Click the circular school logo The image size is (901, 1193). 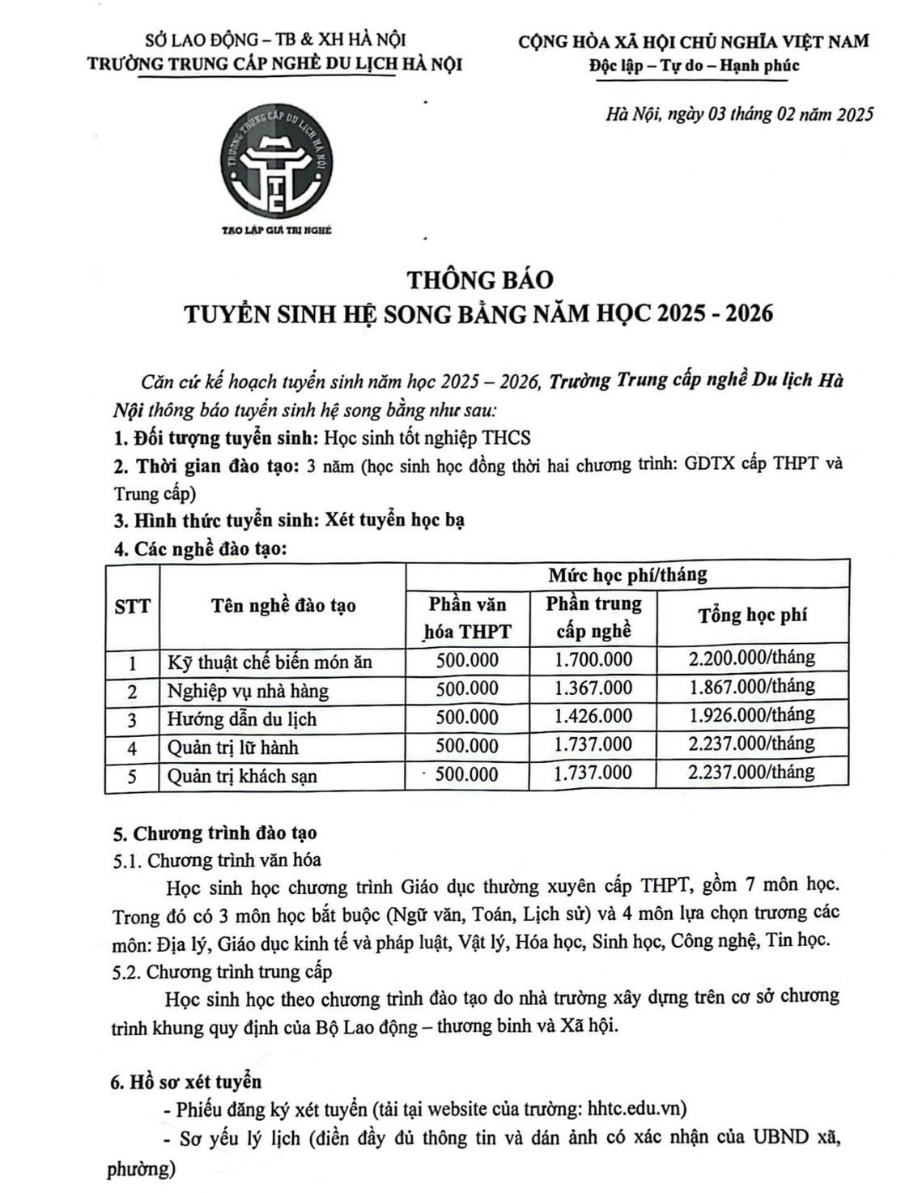tap(278, 163)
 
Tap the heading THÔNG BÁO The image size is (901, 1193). tap(479, 279)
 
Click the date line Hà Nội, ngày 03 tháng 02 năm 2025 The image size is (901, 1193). tap(739, 114)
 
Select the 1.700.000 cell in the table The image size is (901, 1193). tap(593, 661)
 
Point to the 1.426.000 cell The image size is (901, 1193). tap(593, 718)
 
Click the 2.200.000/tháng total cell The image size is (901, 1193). tap(752, 658)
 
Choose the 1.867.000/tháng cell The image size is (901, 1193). tap(752, 688)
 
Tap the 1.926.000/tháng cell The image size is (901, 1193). tap(752, 716)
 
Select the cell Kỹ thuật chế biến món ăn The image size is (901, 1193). tap(270, 663)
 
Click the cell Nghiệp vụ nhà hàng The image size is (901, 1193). tap(248, 692)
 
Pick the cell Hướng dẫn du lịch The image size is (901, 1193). tap(242, 719)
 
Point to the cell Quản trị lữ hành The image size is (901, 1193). tap(233, 748)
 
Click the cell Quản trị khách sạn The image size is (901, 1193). tap(242, 776)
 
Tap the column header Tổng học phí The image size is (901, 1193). tap(752, 616)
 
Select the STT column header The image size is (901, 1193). tap(132, 606)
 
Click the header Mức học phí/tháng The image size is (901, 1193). tap(627, 575)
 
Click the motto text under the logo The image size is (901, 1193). tap(277, 230)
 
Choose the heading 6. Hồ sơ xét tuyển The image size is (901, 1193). tap(188, 1081)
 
